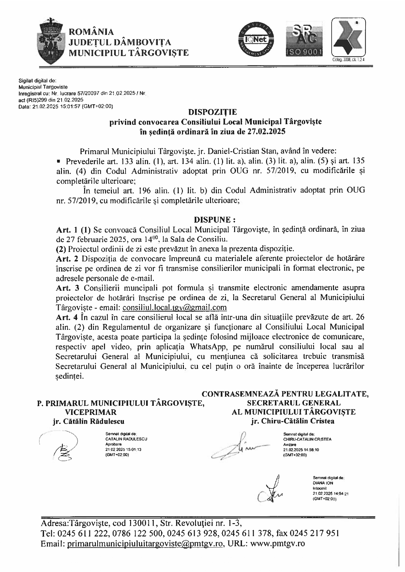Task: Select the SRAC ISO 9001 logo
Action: point(304,38)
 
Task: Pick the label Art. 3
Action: point(67,288)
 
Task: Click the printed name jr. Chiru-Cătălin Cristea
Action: point(292,421)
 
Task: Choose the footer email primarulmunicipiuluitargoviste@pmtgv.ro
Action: point(145,544)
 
